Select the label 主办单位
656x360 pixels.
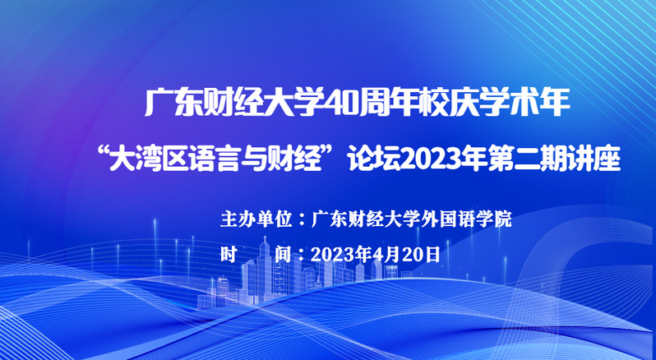(x=256, y=219)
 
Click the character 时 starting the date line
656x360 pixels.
(x=229, y=254)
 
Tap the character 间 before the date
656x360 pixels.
(x=284, y=254)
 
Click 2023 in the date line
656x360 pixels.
(x=333, y=254)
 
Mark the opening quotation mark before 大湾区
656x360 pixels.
(x=103, y=153)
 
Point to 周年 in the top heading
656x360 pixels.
(x=386, y=103)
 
